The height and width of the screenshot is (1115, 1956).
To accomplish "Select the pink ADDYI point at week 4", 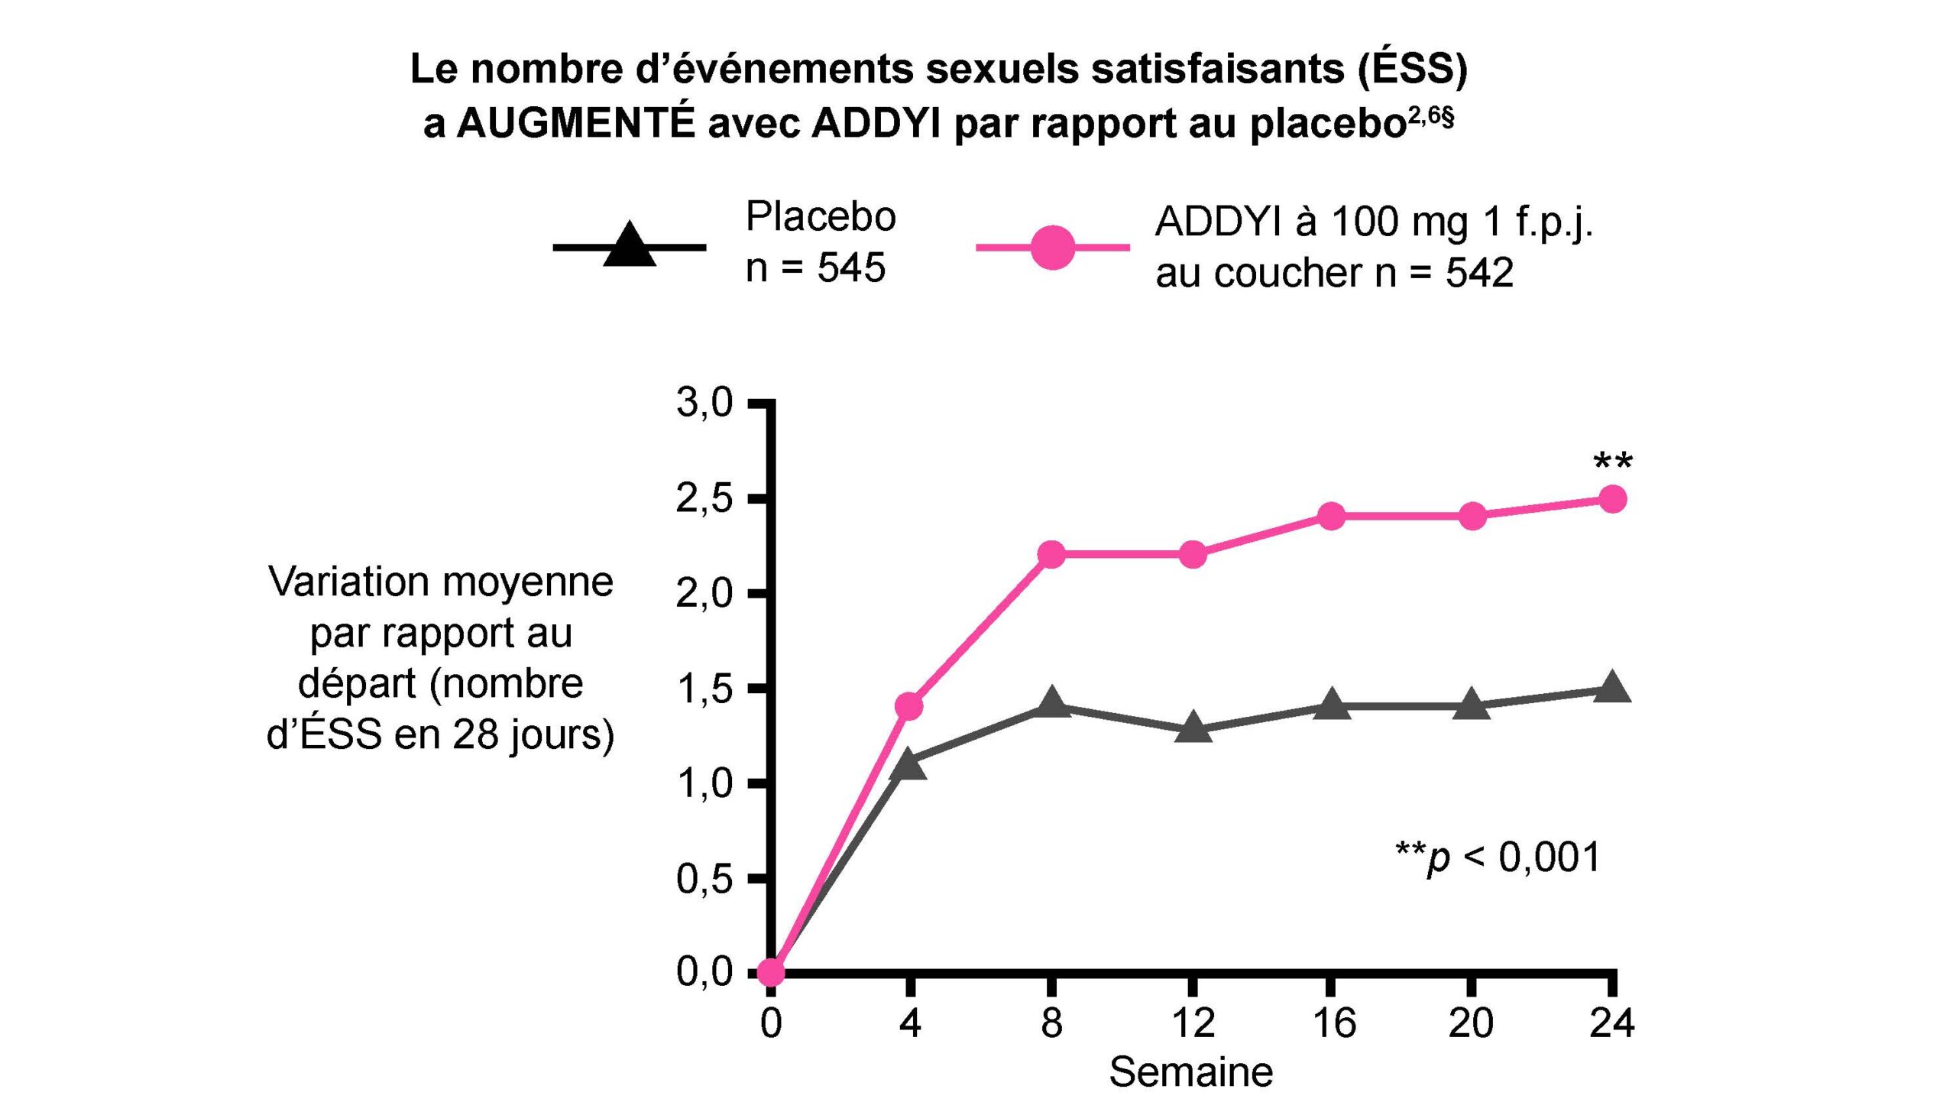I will click(908, 705).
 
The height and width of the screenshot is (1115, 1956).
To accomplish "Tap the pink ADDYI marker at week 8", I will click(1052, 553).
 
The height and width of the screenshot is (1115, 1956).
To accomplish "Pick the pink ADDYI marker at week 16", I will click(1331, 516).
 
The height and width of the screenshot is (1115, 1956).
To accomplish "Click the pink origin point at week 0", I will click(771, 973).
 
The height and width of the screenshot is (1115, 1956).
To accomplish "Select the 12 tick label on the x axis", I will click(1193, 1023).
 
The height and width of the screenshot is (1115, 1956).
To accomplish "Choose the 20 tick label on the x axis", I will click(1471, 1023).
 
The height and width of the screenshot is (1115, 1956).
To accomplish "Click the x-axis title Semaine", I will click(1191, 1072).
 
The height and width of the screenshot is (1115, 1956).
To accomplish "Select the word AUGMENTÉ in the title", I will click(575, 125).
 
